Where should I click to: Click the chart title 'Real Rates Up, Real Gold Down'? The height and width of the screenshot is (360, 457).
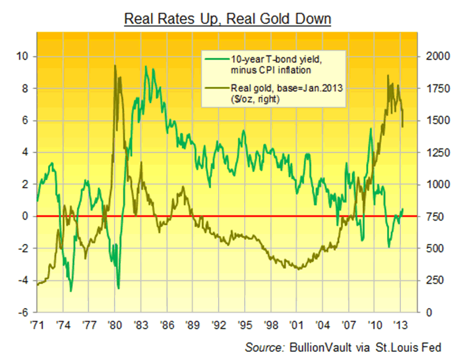point(228,18)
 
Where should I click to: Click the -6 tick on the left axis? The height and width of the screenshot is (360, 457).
point(26,313)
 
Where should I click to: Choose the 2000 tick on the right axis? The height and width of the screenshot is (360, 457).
point(436,57)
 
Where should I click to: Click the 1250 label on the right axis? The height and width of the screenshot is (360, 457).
point(436,153)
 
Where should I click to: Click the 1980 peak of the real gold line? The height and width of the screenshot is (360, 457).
point(115,66)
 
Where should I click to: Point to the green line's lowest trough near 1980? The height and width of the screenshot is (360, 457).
point(118,288)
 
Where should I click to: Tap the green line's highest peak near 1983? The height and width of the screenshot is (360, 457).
point(145,67)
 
